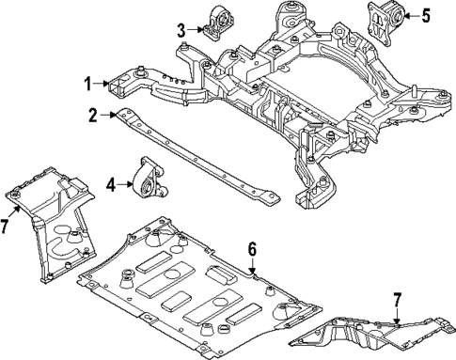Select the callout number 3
click(181, 29)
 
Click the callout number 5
click(426, 16)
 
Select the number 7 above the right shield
click(397, 300)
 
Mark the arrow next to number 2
click(106, 116)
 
